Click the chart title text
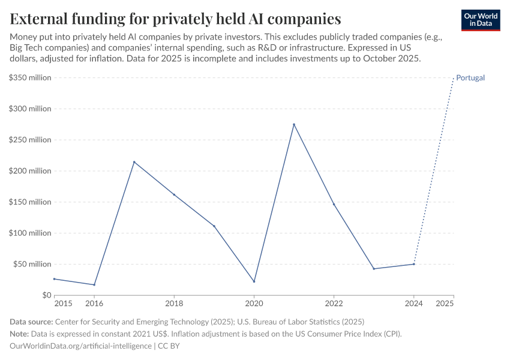point(175,19)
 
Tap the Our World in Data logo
point(481,20)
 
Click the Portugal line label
point(470,78)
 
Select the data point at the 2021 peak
point(294,124)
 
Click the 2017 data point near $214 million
point(134,162)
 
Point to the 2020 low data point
point(254,281)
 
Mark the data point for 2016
point(94,284)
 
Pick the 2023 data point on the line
point(374,269)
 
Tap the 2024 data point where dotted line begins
point(414,264)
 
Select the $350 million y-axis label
point(29,78)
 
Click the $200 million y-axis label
point(29,171)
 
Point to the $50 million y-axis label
point(31,264)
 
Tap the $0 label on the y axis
point(46,295)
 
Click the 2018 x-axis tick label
point(174,304)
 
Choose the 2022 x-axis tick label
point(334,304)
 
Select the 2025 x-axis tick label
point(445,304)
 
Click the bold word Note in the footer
point(20,334)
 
